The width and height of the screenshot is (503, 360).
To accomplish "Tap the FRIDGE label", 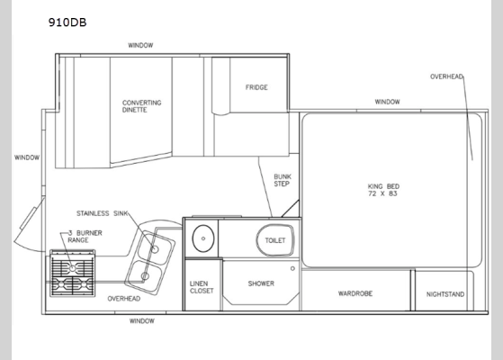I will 256,87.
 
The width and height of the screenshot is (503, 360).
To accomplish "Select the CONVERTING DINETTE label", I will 142,107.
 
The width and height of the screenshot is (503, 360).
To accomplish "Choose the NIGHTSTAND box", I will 445,292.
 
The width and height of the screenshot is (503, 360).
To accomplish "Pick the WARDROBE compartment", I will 355,292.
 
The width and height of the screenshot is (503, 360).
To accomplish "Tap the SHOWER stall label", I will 261,283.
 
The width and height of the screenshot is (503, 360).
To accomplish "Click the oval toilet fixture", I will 274,240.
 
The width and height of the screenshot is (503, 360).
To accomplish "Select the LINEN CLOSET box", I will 199,288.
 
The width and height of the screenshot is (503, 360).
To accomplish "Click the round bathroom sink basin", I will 202,238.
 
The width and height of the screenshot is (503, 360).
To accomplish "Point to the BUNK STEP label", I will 281,178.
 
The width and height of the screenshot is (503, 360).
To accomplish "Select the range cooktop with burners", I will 72,274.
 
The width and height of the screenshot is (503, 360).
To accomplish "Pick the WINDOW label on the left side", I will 26,157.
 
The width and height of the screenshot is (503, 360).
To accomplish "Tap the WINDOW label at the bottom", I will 141,320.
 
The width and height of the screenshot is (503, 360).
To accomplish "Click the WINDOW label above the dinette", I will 139,45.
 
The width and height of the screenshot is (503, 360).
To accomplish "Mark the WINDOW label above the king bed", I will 387,102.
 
